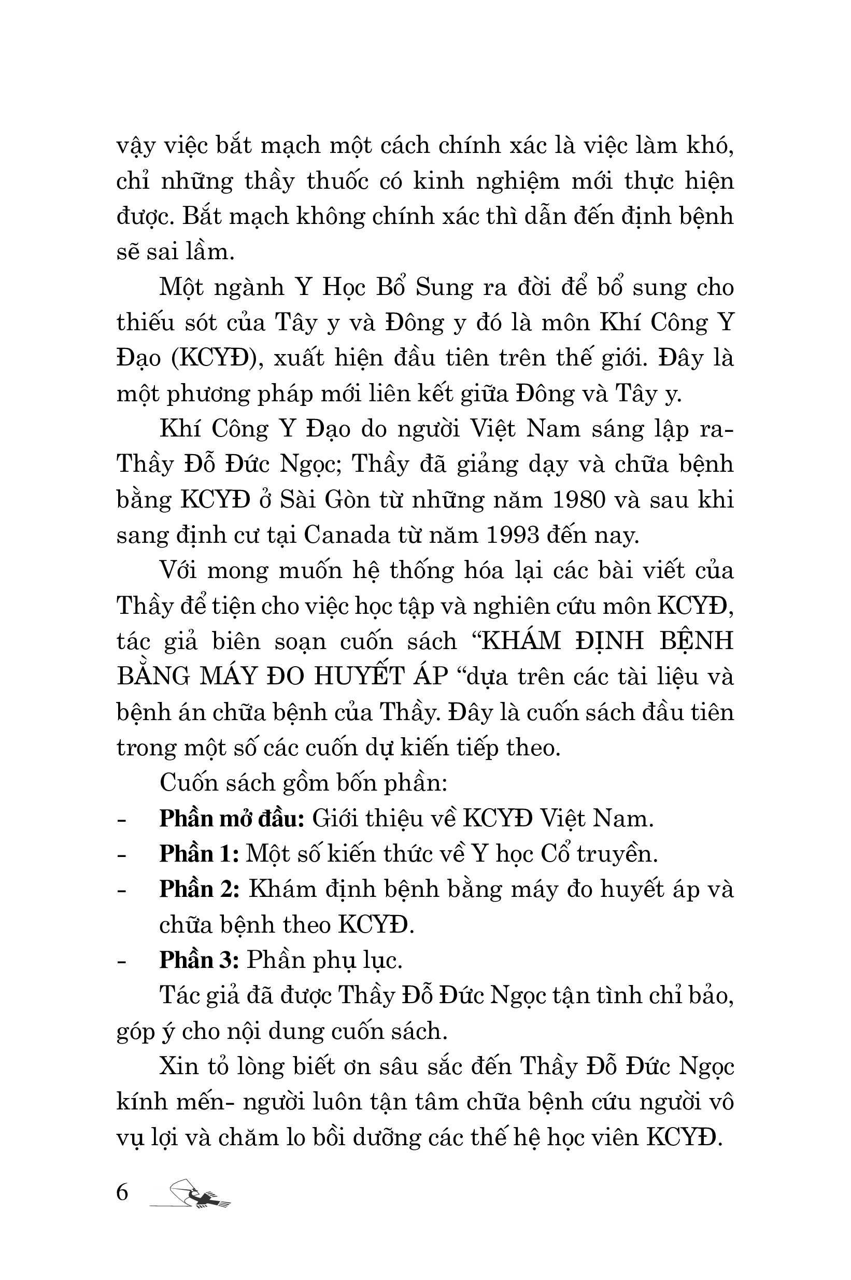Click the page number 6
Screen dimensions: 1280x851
point(122,1192)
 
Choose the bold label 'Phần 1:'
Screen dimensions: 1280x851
point(198,854)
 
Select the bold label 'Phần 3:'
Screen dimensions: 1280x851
point(199,960)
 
